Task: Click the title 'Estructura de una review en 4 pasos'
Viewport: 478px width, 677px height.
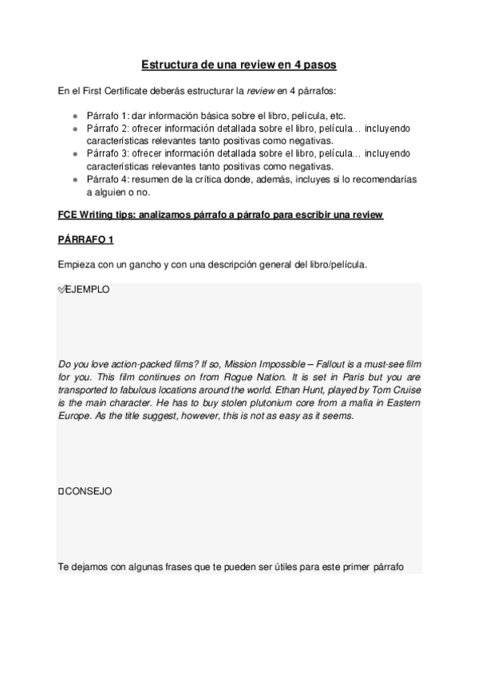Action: [239, 63]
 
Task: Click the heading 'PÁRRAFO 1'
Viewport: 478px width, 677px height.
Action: [86, 240]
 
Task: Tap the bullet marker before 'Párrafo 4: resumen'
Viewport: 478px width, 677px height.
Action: [75, 180]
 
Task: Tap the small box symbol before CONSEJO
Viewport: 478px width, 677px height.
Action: [61, 490]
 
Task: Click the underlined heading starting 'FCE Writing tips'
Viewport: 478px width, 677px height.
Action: [221, 216]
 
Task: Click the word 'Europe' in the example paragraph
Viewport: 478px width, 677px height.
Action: [74, 417]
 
